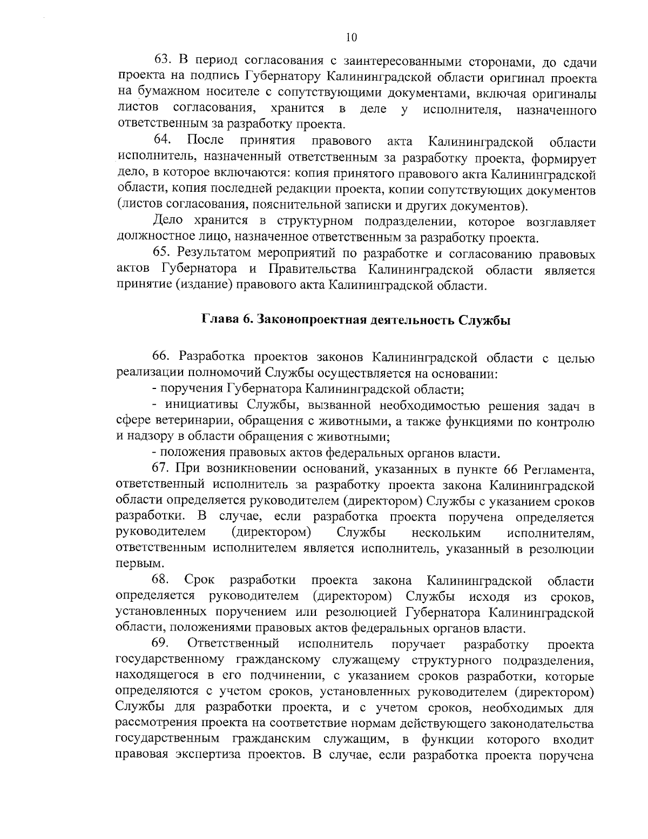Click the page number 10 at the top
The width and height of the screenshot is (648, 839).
350,37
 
